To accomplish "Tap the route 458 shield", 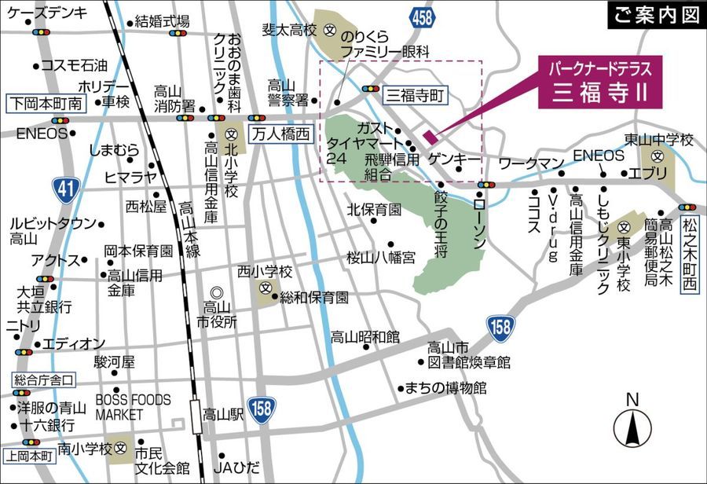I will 422,17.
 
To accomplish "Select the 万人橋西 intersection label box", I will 280,134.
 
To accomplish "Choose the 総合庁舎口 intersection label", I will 44,380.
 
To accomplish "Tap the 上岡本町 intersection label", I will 28,454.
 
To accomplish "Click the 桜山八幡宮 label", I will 381,258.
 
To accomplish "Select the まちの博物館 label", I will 446,388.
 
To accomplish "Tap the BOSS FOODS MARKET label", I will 133,406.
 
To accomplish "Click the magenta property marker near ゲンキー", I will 429,136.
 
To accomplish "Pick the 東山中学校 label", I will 659,140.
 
